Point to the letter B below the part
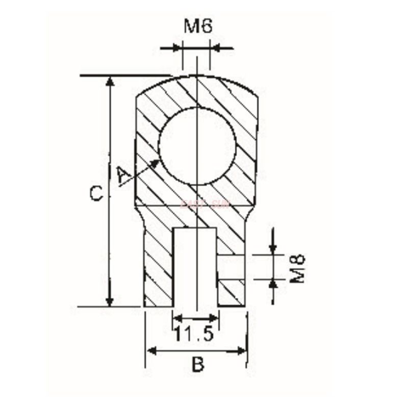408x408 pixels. tap(197, 365)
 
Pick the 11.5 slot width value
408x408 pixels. tap(193, 335)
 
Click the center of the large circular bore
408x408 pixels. tap(197, 146)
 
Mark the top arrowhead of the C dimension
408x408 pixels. tap(109, 82)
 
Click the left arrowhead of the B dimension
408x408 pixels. tap(151, 350)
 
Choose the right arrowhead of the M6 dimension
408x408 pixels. tap(215, 48)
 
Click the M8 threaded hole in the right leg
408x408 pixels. tap(232, 266)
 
